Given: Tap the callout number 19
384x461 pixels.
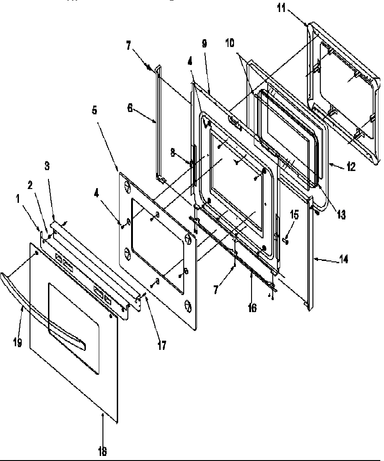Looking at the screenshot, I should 18,343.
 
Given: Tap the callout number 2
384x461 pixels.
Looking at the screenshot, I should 30,185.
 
